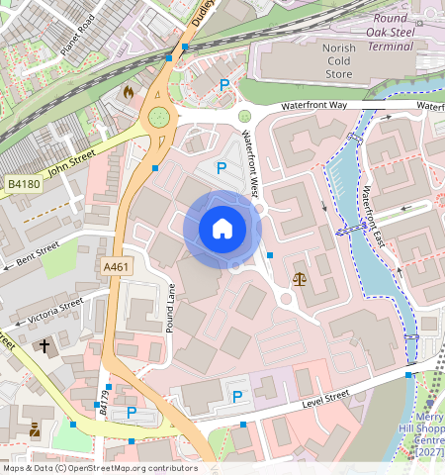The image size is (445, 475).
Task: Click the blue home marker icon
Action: pyautogui.click(x=222, y=229)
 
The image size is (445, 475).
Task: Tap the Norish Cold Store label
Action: pyautogui.click(x=337, y=59)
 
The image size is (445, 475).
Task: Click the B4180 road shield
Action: pyautogui.click(x=23, y=184)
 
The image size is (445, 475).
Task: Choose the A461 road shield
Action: pyautogui.click(x=117, y=265)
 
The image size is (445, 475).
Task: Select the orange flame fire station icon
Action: pyautogui.click(x=128, y=91)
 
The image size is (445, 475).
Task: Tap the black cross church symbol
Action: pyautogui.click(x=44, y=346)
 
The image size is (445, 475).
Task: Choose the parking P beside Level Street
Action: pyautogui.click(x=236, y=397)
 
